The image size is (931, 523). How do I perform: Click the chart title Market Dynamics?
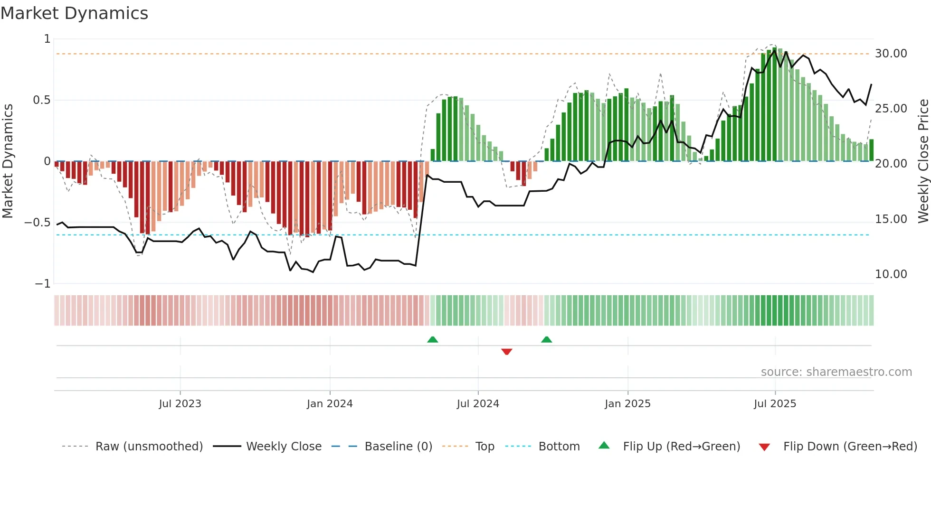tap(75, 13)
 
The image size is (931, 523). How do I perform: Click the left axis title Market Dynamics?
tap(8, 161)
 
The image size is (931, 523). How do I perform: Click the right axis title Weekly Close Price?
tap(923, 161)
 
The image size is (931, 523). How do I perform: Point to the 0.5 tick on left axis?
tap(41, 100)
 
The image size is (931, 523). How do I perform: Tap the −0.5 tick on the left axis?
tap(38, 223)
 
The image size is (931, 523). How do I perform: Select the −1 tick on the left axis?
tap(42, 284)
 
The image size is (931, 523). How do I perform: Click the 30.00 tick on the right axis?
tap(891, 54)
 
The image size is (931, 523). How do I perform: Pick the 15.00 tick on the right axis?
tap(891, 219)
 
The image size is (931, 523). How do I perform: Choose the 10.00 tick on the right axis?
tap(891, 274)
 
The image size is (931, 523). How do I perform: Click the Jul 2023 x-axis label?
tap(180, 404)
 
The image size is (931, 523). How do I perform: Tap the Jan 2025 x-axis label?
tap(627, 404)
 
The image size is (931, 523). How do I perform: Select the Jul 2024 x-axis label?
tap(478, 404)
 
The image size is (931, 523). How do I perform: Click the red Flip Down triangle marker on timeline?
tap(506, 352)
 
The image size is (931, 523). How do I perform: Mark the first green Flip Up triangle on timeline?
tap(432, 339)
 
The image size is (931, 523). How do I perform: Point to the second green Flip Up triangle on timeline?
tap(546, 339)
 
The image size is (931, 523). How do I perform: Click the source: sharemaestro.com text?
tap(836, 372)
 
